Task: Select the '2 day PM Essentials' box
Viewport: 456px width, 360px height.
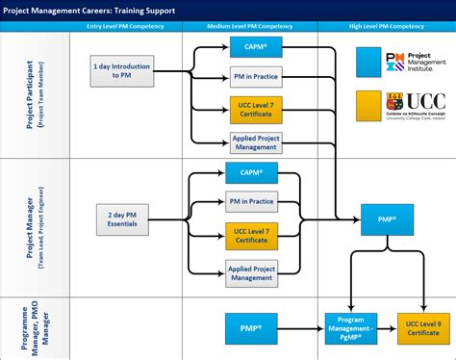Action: click(121, 220)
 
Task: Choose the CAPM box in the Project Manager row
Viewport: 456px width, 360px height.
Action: click(251, 173)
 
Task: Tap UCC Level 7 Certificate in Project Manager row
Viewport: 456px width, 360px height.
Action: click(251, 235)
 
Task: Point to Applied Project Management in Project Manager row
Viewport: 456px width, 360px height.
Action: click(251, 271)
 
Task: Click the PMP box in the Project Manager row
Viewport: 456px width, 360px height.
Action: click(387, 219)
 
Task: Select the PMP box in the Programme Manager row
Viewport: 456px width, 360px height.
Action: click(251, 327)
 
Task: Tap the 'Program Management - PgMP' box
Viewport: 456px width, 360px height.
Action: click(351, 327)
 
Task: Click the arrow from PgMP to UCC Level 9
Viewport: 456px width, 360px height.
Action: click(388, 327)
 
